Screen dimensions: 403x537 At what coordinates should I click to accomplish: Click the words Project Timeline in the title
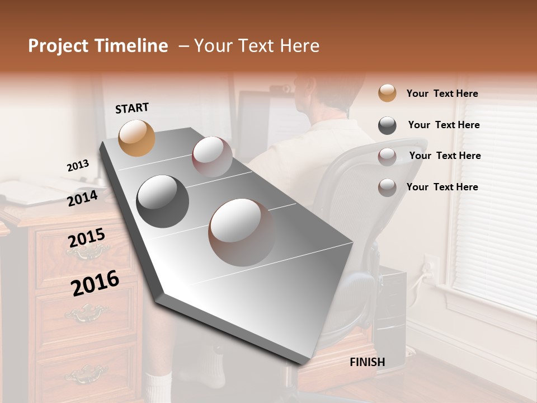tap(98, 46)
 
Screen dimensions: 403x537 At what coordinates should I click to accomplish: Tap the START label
tap(132, 108)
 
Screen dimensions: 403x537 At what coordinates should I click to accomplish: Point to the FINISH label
tap(368, 362)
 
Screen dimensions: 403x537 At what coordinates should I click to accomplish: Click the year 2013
tap(78, 166)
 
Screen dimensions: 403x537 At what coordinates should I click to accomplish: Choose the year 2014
tap(82, 198)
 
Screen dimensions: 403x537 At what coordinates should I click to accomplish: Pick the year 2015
tap(87, 238)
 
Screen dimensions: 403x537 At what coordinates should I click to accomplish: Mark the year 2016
tap(95, 283)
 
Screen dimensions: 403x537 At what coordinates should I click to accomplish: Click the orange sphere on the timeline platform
tap(137, 138)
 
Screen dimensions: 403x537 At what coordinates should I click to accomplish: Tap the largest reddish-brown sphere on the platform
tap(242, 232)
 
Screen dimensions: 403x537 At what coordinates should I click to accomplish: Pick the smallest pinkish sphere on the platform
tap(212, 157)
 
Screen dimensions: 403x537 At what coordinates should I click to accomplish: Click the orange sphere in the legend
tap(387, 93)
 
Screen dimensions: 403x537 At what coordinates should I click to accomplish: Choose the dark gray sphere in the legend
tap(387, 125)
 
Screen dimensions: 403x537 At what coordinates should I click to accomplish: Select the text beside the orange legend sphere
tap(442, 93)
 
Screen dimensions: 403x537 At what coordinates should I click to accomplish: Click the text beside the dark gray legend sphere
tap(444, 125)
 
